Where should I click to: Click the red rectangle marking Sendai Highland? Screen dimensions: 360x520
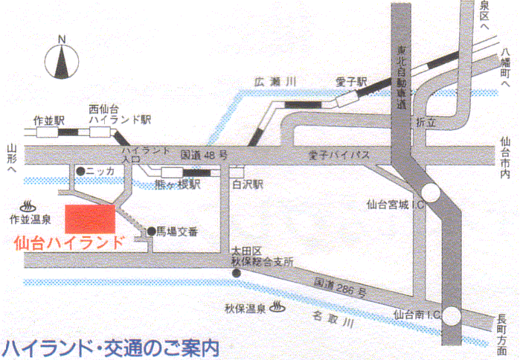coord(91,219)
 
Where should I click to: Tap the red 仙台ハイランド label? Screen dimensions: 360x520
coord(70,242)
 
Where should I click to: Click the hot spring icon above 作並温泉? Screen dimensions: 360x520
coord(31,204)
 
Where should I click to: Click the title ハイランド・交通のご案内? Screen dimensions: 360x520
coord(112,347)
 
